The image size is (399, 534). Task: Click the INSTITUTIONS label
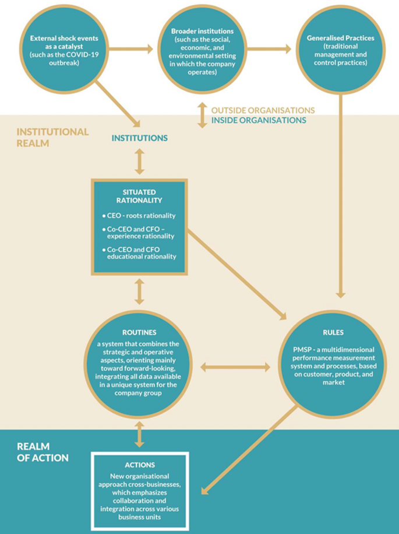coord(140,138)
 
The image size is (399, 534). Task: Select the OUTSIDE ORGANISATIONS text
coord(263,110)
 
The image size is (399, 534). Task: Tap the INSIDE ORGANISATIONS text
coord(259,120)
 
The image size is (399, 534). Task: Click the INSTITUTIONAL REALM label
coord(52,137)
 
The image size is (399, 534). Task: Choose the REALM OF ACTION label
coord(42,452)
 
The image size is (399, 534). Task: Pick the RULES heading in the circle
coord(336,333)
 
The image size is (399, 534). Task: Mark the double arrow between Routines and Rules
coord(236,368)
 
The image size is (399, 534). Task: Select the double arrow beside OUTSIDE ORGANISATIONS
coord(202,115)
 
